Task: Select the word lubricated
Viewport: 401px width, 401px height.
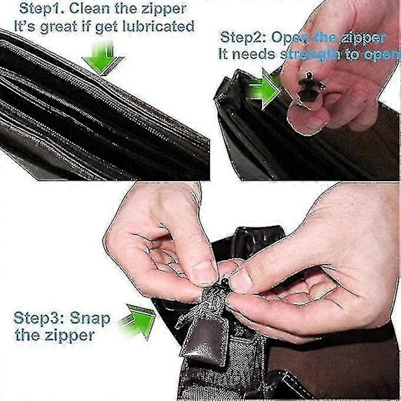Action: tap(158, 26)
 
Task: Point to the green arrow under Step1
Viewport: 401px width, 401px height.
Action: tap(104, 59)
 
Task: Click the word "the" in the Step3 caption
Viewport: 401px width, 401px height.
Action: tap(28, 335)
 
